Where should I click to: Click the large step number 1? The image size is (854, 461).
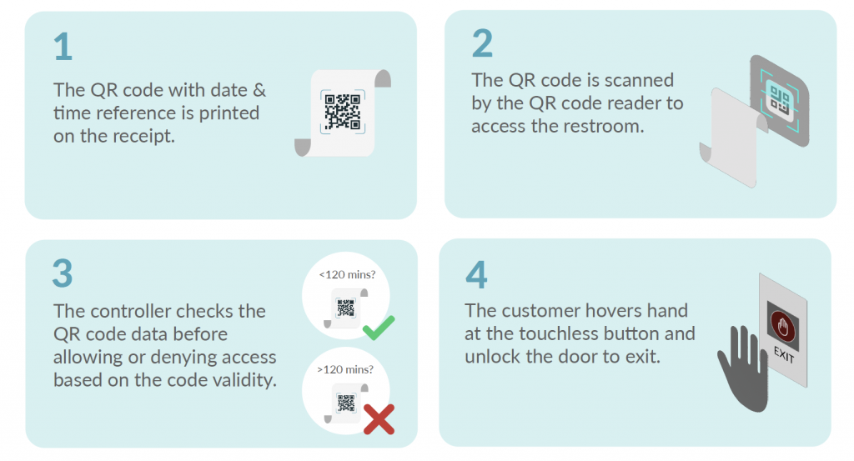pos(63,47)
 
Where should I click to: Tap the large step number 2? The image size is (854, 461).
pos(482,43)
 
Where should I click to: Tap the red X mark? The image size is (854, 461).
pos(378,418)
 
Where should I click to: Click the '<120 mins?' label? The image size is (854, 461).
pos(346,273)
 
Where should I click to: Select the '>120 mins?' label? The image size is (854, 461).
pos(346,368)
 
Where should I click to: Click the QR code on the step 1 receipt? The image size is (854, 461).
pos(342,112)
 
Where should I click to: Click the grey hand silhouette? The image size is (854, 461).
pos(741,367)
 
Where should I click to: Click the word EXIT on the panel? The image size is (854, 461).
pos(784,355)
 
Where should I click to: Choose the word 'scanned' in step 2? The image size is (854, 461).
pos(635,81)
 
